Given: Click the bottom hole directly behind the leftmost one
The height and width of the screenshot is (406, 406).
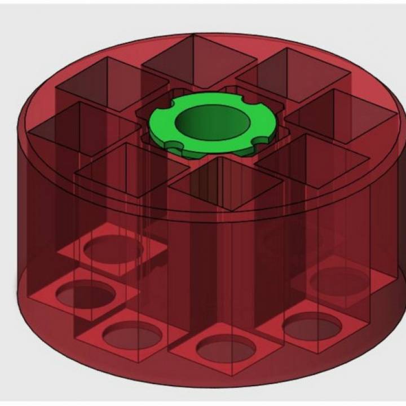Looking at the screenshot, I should pos(113,247).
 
